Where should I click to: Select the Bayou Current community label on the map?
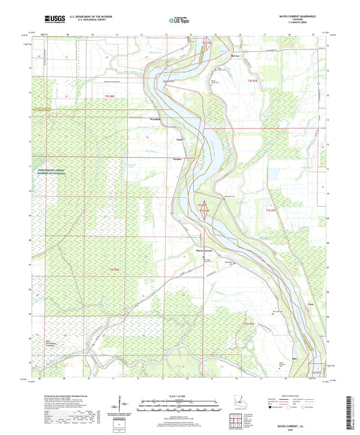tap(195, 249)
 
